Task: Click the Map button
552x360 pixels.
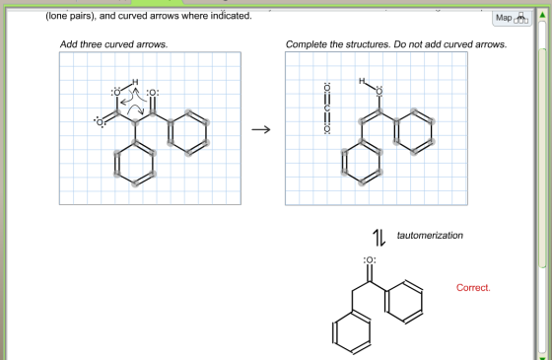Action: (512, 18)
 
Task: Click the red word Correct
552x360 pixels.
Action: (473, 288)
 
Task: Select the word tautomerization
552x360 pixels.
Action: (430, 236)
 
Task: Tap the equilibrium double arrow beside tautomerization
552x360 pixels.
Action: (379, 238)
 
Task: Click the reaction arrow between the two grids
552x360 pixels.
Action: (261, 129)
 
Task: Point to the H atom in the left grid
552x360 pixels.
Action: (135, 82)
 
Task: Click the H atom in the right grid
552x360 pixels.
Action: (362, 81)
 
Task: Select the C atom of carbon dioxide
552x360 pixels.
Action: (327, 108)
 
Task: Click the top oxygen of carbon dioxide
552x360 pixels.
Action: (327, 88)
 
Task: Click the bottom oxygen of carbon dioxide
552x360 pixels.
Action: (327, 129)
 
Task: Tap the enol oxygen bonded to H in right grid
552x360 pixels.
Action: (379, 92)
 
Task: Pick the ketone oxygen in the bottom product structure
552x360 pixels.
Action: (370, 260)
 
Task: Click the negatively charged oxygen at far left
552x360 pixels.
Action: (100, 122)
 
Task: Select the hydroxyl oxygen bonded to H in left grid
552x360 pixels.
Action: (116, 93)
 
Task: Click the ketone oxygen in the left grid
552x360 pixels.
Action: (153, 93)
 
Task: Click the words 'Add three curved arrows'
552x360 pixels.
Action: (113, 44)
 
